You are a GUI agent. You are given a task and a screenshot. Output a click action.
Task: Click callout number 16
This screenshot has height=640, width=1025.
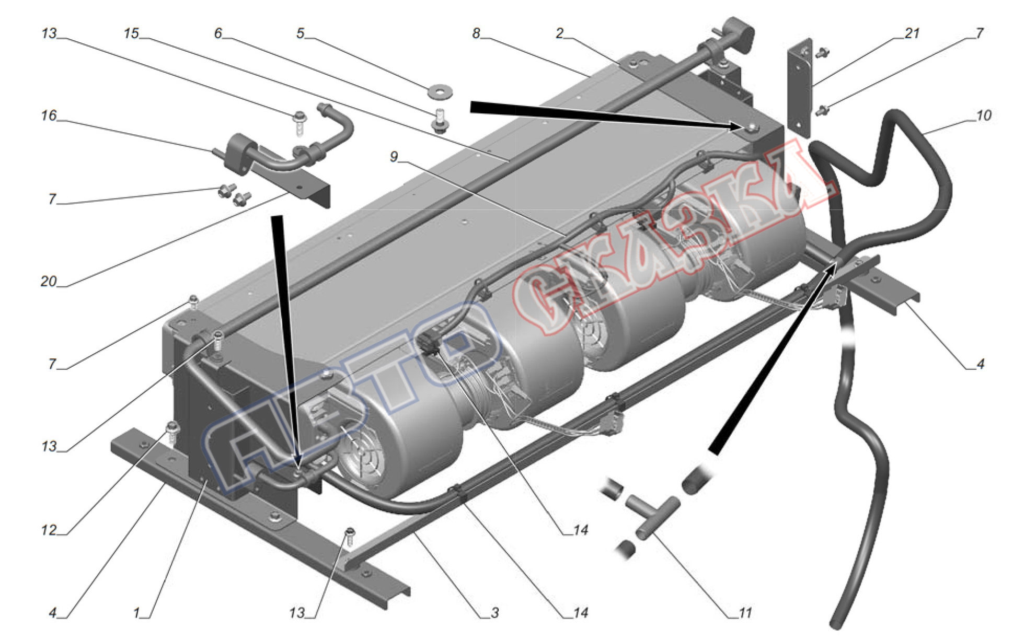point(49,115)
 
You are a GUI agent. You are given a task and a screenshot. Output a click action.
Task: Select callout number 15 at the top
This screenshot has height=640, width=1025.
point(131,33)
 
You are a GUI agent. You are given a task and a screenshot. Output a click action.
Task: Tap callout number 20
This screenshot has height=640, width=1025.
point(48,281)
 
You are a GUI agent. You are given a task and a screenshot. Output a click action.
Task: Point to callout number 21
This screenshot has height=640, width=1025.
point(912,33)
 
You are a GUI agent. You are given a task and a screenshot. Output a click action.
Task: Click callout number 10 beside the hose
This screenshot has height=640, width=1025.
point(983,115)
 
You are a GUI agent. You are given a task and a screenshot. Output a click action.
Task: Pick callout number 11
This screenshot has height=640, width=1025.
point(745,612)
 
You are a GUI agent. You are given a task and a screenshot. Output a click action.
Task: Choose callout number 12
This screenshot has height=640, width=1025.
point(49,530)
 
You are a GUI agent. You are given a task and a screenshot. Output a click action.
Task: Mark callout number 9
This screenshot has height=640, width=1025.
point(394,156)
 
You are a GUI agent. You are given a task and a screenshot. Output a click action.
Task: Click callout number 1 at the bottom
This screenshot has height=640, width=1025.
point(136,612)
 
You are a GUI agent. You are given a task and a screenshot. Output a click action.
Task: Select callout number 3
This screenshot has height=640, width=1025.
point(494,612)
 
